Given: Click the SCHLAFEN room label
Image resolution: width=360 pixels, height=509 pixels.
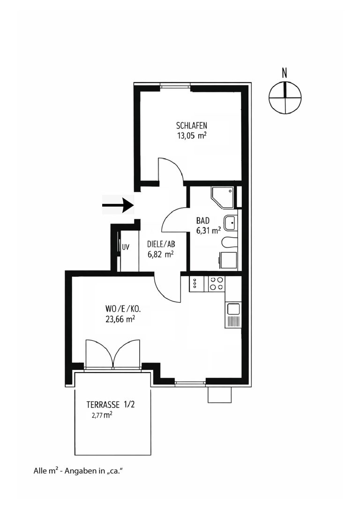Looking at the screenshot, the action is pos(192,126).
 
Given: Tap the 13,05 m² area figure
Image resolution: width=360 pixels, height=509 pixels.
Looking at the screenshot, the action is pos(192,136).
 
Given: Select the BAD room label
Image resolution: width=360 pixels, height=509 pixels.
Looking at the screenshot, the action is pos(203,221).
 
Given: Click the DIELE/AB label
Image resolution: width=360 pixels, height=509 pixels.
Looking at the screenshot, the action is pos(161,245).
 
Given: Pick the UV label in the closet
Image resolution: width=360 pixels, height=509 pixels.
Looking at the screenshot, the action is pos(126,247).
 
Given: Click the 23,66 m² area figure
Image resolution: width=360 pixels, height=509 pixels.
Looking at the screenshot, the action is pos(120,319).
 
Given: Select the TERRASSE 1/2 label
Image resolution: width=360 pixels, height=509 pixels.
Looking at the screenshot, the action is pos(110,405).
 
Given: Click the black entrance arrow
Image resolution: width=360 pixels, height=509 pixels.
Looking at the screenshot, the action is pos(118,205).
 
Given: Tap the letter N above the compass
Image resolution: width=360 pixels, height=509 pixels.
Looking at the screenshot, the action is pos(285,73).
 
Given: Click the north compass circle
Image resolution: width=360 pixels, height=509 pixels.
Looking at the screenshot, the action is pos(285,97).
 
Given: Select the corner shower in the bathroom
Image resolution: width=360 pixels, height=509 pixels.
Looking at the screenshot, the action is pos(223,198).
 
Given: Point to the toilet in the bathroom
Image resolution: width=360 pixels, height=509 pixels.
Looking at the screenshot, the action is pos(230,242).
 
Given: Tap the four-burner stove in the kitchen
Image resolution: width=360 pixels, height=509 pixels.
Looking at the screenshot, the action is pos(216,284).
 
